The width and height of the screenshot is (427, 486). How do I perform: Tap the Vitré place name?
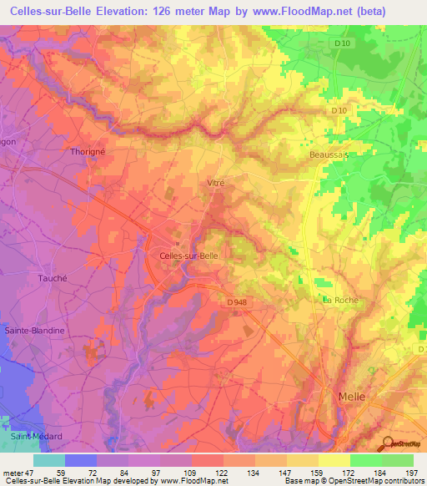[x=215, y=181]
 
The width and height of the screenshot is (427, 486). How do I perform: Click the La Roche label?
[x=339, y=299]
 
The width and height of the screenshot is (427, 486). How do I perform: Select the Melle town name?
[x=351, y=397]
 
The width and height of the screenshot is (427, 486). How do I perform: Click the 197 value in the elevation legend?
[x=411, y=472]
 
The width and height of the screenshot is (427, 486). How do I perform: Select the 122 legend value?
[x=222, y=472]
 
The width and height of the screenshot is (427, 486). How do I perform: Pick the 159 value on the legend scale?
[x=317, y=472]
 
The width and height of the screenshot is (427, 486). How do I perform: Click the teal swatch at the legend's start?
[x=48, y=460]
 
